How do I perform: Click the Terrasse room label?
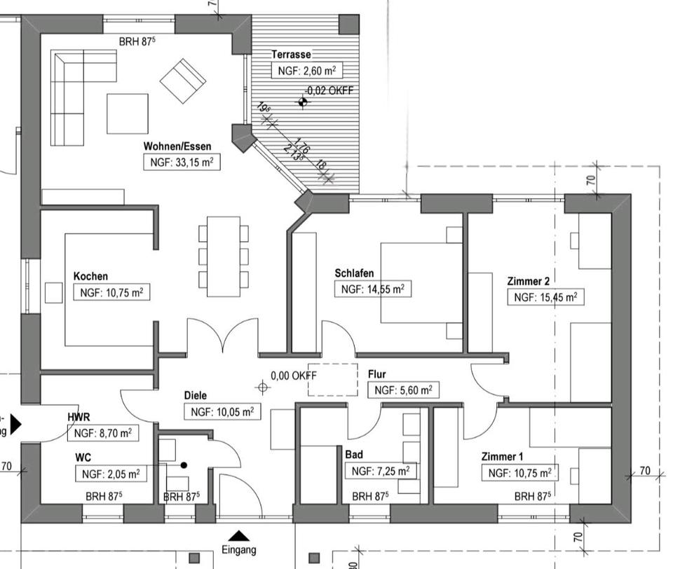(291, 54)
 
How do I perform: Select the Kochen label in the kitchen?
(90, 276)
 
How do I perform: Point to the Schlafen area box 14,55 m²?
(372, 289)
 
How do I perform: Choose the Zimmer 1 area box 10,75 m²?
(519, 473)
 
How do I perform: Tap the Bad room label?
(353, 454)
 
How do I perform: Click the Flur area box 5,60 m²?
(403, 390)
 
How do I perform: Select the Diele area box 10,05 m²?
(222, 412)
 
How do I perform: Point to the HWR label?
(79, 417)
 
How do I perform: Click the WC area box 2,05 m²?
(111, 474)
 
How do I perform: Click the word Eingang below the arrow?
(239, 550)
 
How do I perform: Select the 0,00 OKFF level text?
(294, 376)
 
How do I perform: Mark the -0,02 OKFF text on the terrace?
(329, 90)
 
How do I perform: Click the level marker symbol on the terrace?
(303, 102)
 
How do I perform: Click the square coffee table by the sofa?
(128, 114)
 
